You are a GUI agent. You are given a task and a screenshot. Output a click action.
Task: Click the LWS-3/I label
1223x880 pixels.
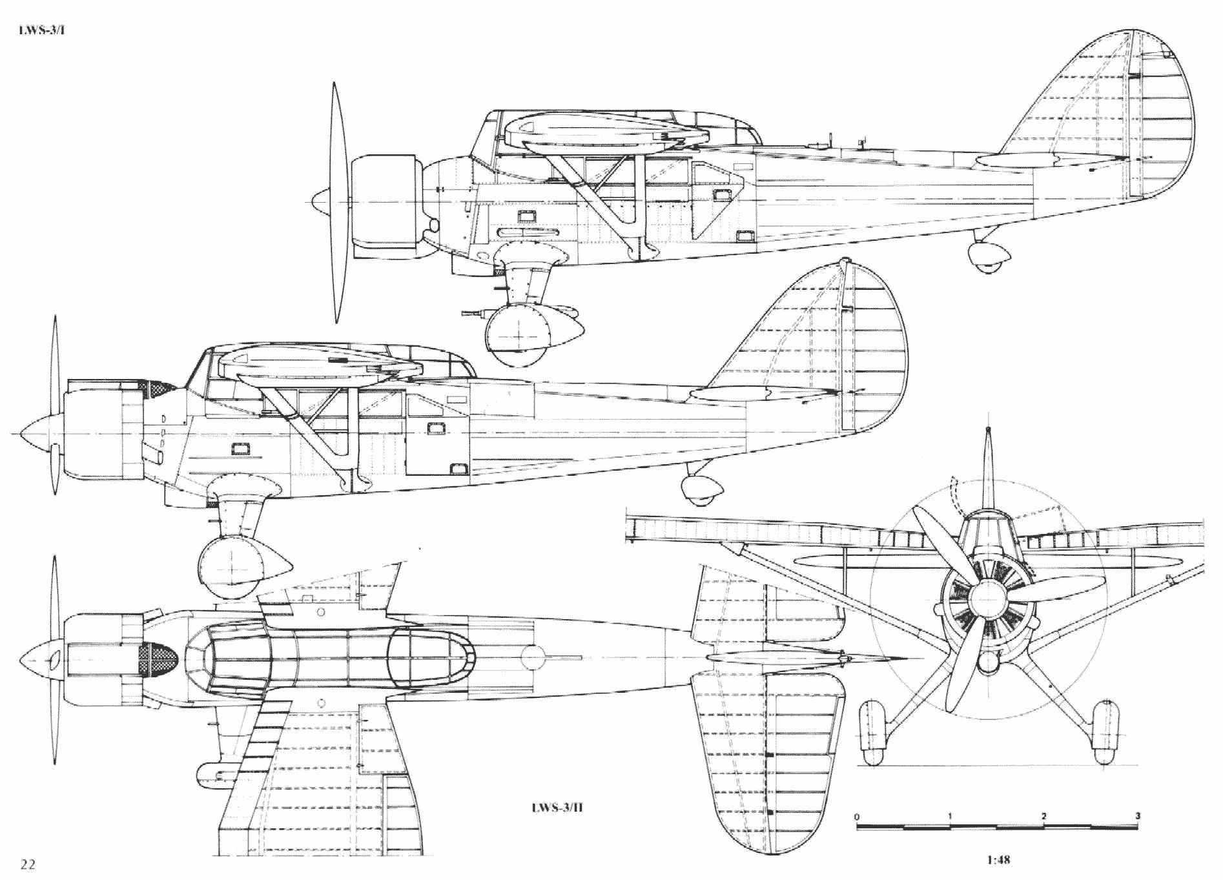41,30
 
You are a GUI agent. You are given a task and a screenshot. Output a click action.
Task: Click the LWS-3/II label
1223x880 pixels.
557,807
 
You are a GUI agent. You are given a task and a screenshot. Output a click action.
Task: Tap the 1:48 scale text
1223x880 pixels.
998,859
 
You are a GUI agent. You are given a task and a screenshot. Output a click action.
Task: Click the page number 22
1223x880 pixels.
28,865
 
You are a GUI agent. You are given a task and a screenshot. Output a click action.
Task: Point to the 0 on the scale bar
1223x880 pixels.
858,817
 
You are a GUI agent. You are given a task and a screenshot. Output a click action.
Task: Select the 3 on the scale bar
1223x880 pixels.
1138,815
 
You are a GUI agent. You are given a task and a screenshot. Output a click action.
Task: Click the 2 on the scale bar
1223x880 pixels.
1043,816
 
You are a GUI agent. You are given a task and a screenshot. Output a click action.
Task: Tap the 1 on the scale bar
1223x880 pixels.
950,816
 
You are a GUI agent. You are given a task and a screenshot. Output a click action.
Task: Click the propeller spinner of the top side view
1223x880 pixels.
324,202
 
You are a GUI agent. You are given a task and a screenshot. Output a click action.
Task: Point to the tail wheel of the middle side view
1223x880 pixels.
701,491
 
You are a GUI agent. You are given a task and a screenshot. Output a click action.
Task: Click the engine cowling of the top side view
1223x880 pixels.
385,202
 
